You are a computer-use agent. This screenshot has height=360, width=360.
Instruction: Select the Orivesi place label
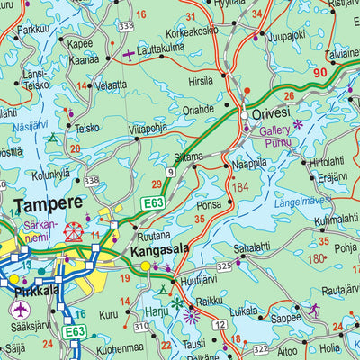coord(274,114)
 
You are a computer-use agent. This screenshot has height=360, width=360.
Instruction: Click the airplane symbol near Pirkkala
coord(20,310)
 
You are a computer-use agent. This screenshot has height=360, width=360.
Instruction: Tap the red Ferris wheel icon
coord(74,232)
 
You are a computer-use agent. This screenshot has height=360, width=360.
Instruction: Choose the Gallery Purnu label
coord(276,137)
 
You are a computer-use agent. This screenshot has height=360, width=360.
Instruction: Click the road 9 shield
coord(170,171)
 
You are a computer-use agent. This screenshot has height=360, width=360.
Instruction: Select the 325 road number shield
coord(224,266)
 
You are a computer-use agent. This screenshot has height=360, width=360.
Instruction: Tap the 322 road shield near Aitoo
coord(260,348)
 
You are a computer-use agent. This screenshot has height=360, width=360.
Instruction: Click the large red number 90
coord(320,73)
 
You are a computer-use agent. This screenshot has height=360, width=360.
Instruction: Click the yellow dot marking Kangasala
coord(145,265)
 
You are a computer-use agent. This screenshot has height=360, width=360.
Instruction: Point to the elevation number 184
coord(239,187)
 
